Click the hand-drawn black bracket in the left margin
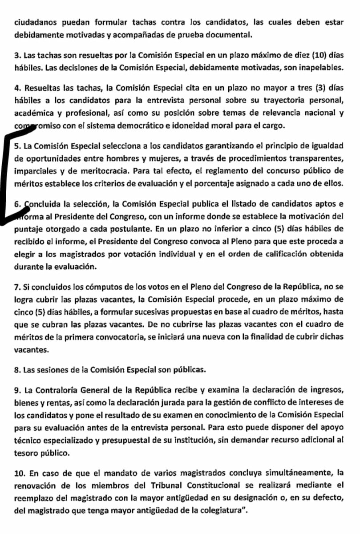6,178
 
